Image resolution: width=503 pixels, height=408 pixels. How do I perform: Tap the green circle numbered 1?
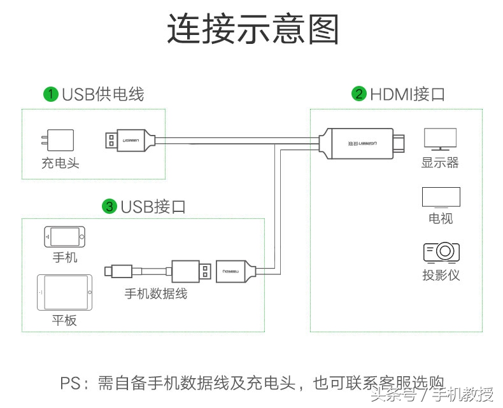click(x=50, y=95)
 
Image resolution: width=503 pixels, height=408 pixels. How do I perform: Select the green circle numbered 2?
click(x=359, y=95)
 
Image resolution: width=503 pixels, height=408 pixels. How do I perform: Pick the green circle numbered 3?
click(x=110, y=206)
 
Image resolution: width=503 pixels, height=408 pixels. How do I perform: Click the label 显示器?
click(x=440, y=162)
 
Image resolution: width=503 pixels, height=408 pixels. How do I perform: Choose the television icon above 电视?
click(x=441, y=198)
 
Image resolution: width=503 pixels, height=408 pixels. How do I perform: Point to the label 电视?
click(x=441, y=218)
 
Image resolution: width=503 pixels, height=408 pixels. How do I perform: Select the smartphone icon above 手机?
click(x=64, y=237)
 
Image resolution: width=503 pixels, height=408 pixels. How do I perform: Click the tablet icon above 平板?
click(x=64, y=293)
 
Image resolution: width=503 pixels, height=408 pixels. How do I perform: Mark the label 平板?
click(x=64, y=320)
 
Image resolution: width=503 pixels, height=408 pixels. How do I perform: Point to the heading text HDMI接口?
click(x=407, y=95)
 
